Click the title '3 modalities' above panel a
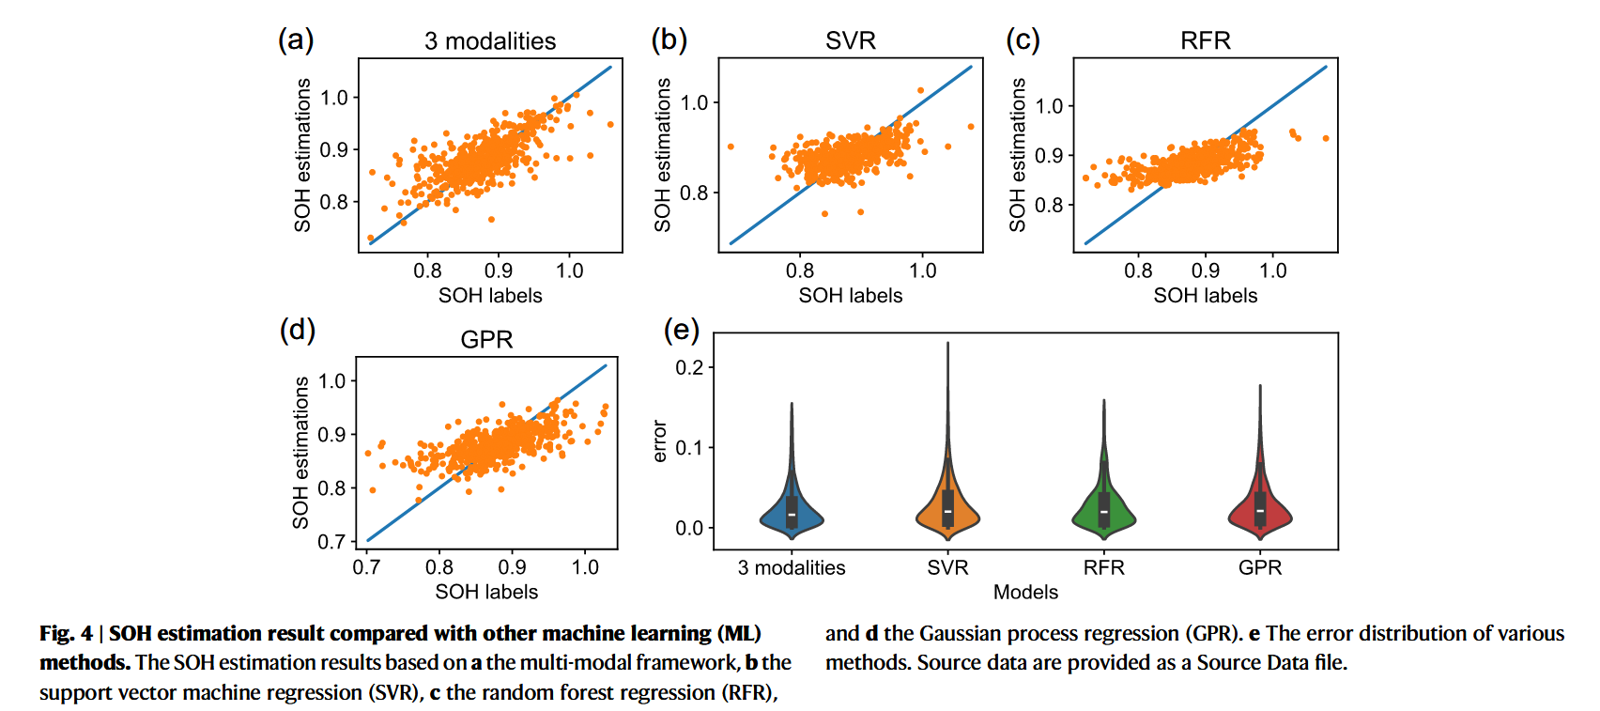[x=490, y=41]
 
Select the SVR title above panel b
[x=851, y=40]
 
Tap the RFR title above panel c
[x=1206, y=40]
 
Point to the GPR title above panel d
[x=486, y=339]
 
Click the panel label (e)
[x=682, y=330]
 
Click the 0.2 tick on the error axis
[x=689, y=367]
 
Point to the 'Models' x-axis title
[x=1025, y=592]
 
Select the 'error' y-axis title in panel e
[x=659, y=441]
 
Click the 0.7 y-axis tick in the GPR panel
[x=331, y=542]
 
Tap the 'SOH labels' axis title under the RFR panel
[x=1206, y=295]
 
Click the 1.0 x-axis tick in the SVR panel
[x=923, y=270]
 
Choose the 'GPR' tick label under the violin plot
[x=1260, y=567]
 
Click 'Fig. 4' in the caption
[x=66, y=634]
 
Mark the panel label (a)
[x=296, y=40]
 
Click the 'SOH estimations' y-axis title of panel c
[x=1017, y=155]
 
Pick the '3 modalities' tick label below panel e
[x=792, y=567]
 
